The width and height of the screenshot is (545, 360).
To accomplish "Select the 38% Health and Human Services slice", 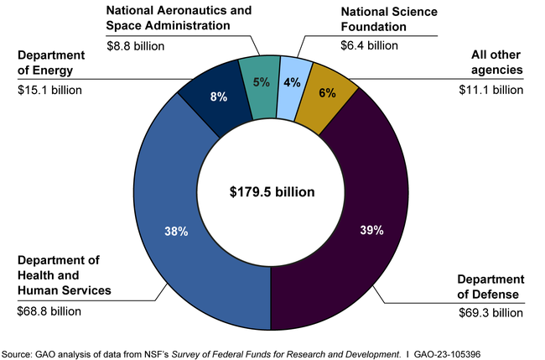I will (184, 235).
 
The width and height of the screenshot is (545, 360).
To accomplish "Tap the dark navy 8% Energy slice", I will (216, 97).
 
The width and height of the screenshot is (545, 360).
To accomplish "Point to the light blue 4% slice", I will (291, 81).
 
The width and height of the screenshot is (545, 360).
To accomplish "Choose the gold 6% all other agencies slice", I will (324, 92).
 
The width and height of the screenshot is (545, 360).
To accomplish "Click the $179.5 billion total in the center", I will (272, 192).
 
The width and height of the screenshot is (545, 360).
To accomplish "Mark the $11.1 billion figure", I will (491, 89).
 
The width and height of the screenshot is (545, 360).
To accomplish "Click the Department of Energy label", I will (54, 63).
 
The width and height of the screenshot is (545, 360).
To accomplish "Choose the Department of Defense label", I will (490, 286).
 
